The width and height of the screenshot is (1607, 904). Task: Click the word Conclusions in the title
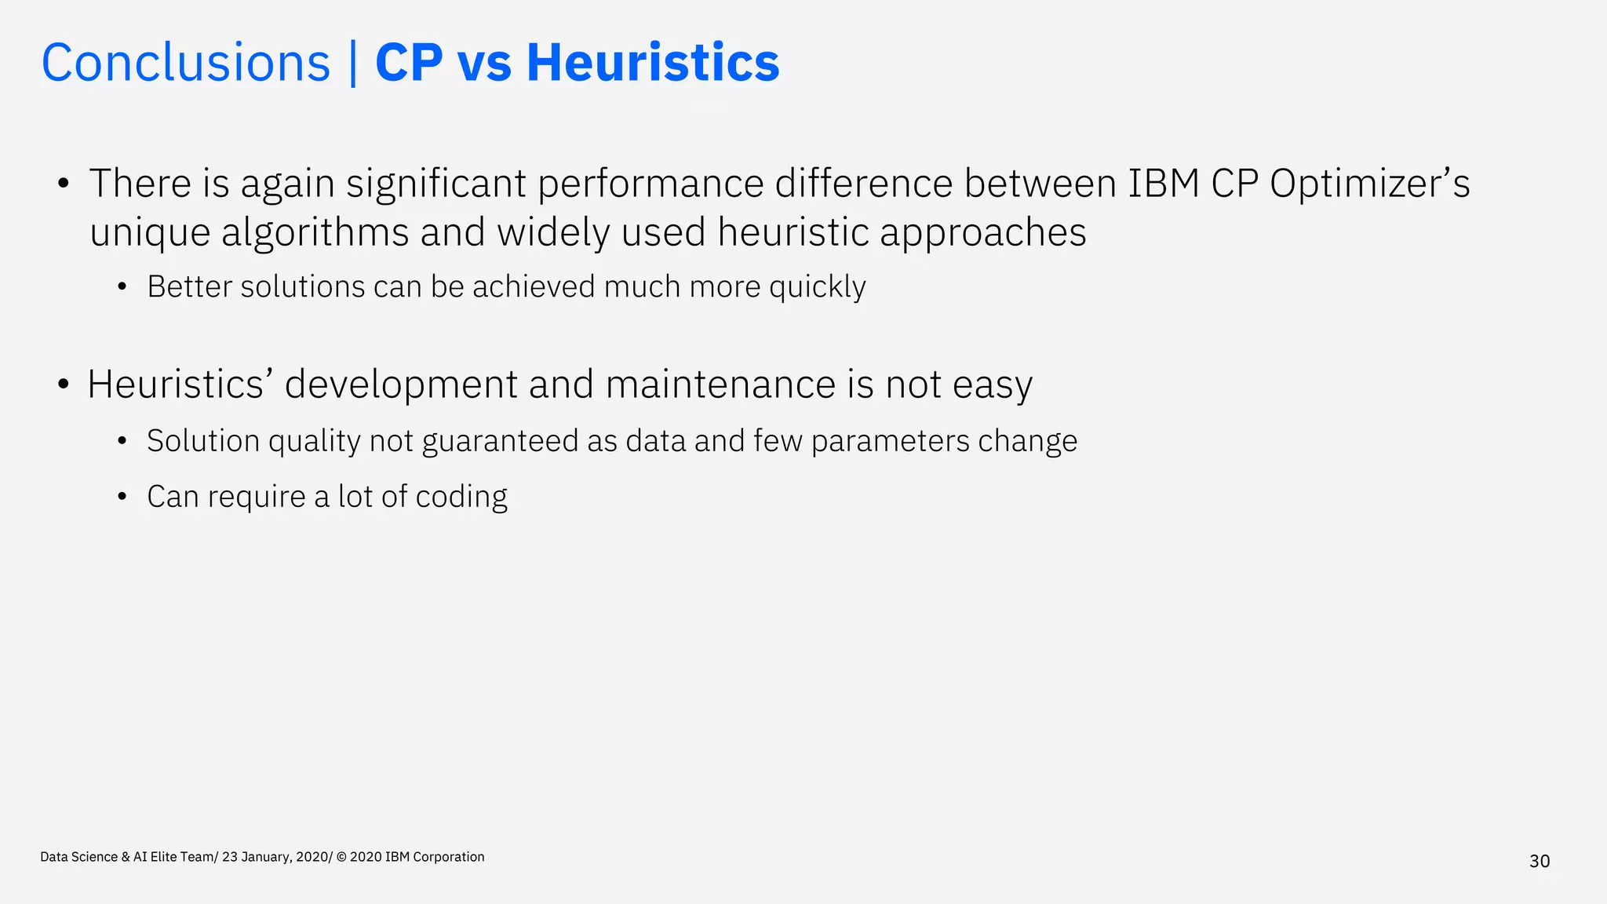pyautogui.click(x=186, y=63)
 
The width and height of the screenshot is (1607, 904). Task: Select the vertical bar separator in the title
pyautogui.click(x=353, y=63)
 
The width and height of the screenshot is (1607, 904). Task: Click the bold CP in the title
pyautogui.click(x=409, y=63)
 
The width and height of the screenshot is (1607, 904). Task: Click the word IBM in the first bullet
pyautogui.click(x=1164, y=184)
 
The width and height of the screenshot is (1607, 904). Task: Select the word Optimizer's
pyautogui.click(x=1369, y=184)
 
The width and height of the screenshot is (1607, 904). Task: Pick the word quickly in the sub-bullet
pyautogui.click(x=818, y=287)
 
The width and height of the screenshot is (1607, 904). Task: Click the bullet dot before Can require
pyautogui.click(x=122, y=498)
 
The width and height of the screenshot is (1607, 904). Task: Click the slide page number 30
pyautogui.click(x=1540, y=862)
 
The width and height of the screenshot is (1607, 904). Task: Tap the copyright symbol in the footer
pyautogui.click(x=341, y=857)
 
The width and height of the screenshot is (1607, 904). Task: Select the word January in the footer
pyautogui.click(x=266, y=857)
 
